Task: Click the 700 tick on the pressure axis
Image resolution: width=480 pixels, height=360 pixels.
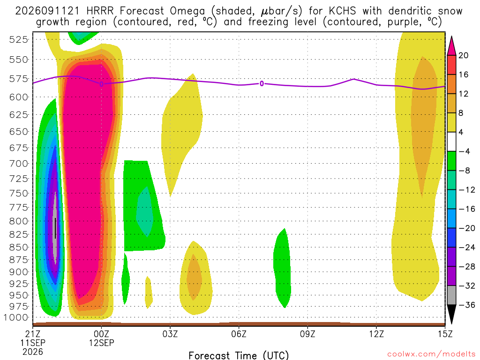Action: pyautogui.click(x=19, y=164)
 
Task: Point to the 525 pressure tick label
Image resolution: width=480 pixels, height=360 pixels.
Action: pyautogui.click(x=19, y=39)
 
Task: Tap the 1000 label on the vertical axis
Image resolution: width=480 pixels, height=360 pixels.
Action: pyautogui.click(x=16, y=317)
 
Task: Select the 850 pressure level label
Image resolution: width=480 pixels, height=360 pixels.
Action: pyautogui.click(x=19, y=247)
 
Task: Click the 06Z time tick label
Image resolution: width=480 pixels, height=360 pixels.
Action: pyautogui.click(x=239, y=334)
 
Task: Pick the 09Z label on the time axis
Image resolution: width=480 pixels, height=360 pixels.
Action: pyautogui.click(x=307, y=334)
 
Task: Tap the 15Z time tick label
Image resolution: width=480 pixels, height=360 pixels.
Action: pyautogui.click(x=445, y=334)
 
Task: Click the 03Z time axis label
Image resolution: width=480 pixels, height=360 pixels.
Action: pyautogui.click(x=170, y=334)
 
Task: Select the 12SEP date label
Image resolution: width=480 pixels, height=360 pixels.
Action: pyautogui.click(x=101, y=343)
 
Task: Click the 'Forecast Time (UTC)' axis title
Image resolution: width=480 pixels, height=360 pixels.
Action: pyautogui.click(x=239, y=355)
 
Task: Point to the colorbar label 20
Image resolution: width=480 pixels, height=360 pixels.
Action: pyautogui.click(x=464, y=55)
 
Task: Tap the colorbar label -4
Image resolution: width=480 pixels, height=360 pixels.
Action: pyautogui.click(x=464, y=151)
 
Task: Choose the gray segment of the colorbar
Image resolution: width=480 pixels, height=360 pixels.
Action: pyautogui.click(x=451, y=295)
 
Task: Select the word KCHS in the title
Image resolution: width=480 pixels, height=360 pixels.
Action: pyautogui.click(x=342, y=11)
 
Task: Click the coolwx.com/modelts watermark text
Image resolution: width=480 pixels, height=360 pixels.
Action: pyautogui.click(x=431, y=354)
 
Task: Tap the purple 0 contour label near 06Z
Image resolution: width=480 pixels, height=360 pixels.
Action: pyautogui.click(x=262, y=83)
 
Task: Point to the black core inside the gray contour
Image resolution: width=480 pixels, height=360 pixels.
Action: pyautogui.click(x=55, y=228)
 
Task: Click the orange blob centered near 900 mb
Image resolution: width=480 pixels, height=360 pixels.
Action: pyautogui.click(x=194, y=277)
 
